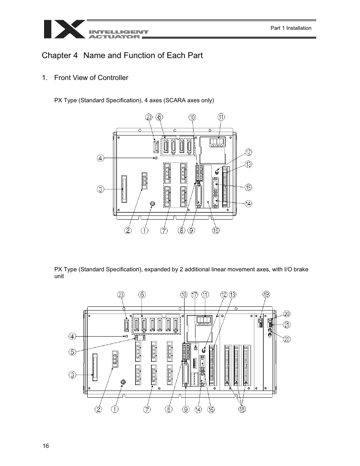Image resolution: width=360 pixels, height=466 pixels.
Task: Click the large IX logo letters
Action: point(63,29)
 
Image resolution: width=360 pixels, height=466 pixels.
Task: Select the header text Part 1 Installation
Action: point(291,28)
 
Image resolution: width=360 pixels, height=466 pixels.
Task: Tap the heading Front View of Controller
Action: point(91,78)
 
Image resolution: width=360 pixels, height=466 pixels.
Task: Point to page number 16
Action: point(46,446)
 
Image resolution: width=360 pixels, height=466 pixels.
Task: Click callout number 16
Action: point(215,230)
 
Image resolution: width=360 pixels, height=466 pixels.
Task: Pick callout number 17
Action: point(194,295)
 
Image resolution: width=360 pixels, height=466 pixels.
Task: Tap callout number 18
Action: point(242,409)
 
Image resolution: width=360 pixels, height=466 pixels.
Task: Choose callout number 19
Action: point(266,295)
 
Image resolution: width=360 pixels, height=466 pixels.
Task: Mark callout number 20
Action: point(287,314)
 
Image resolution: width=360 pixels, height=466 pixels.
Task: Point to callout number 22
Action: point(287,339)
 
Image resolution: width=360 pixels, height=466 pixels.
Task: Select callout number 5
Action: point(73,352)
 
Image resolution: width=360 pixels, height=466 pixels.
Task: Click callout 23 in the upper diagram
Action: point(149,117)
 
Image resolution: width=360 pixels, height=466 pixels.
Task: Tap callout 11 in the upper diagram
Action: point(221,117)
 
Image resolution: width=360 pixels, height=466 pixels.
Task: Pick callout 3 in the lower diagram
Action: point(73,375)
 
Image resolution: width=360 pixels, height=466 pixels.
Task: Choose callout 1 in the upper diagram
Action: point(145,230)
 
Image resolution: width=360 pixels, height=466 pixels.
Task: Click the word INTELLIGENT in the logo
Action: point(118,32)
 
